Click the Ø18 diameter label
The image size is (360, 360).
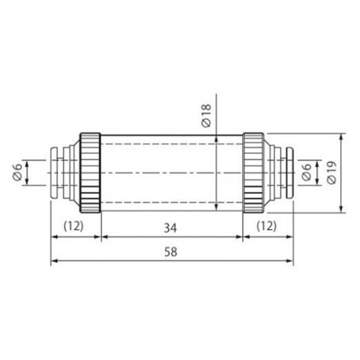coord(206,115)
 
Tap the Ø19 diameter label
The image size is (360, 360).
coord(332,172)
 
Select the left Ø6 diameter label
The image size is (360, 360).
coord(17,172)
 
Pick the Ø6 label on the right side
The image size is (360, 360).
coord(306,172)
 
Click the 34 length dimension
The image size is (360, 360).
coord(170,228)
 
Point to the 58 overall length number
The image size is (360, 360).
coord(170,252)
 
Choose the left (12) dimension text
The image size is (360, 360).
coord(74,226)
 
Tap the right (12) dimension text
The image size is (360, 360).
coord(266,226)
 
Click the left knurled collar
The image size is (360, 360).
coord(90,173)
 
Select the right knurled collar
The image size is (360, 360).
coord(254,173)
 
